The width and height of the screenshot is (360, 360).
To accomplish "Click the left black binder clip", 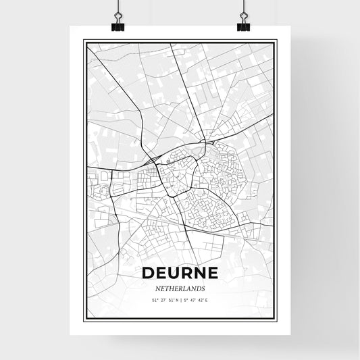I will point(117,25).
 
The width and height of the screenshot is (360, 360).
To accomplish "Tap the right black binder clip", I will point(242,25).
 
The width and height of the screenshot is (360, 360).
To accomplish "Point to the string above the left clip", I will point(117,8).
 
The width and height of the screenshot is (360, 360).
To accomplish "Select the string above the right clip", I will point(242,8).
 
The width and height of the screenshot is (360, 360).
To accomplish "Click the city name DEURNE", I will point(180,274).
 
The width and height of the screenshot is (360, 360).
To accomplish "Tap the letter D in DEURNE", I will point(149,274).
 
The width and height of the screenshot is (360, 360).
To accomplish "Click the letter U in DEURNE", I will point(174,274).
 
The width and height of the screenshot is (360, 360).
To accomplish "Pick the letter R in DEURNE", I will point(186,274).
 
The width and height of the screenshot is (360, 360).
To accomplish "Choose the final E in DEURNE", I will point(211,274).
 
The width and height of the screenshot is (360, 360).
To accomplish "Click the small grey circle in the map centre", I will point(168,162).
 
